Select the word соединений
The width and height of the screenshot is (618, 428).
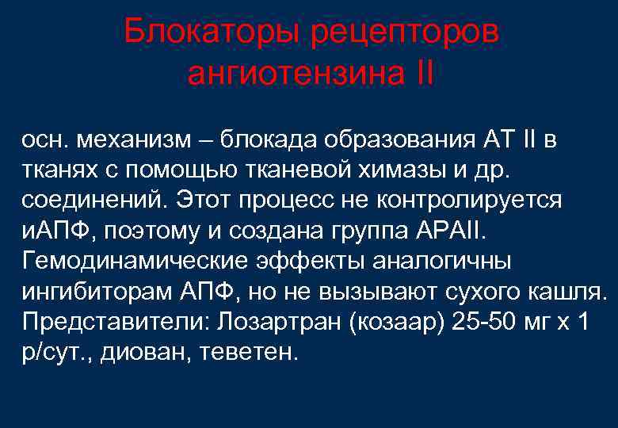(x=85, y=199)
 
